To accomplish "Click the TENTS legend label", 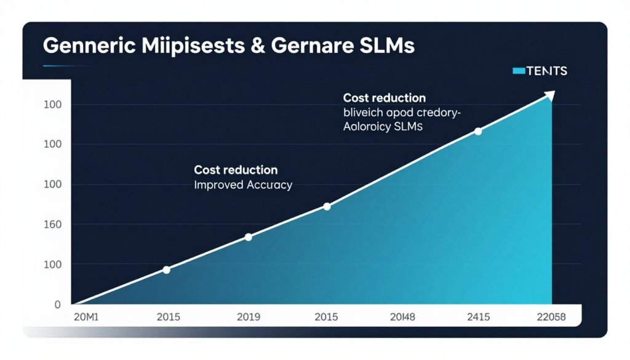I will click(x=548, y=71).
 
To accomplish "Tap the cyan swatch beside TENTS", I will click(x=519, y=71).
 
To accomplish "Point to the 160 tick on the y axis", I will click(x=53, y=225).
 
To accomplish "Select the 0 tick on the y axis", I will click(x=58, y=305).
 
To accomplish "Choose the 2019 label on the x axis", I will click(x=248, y=318).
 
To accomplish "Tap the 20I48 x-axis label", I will click(x=404, y=318).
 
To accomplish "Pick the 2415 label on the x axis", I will click(x=478, y=318).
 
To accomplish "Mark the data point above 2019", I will click(x=249, y=237).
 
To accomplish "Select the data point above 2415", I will click(x=478, y=131).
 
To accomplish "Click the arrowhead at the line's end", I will click(x=549, y=95).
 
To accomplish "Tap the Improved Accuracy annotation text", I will click(x=243, y=185).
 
